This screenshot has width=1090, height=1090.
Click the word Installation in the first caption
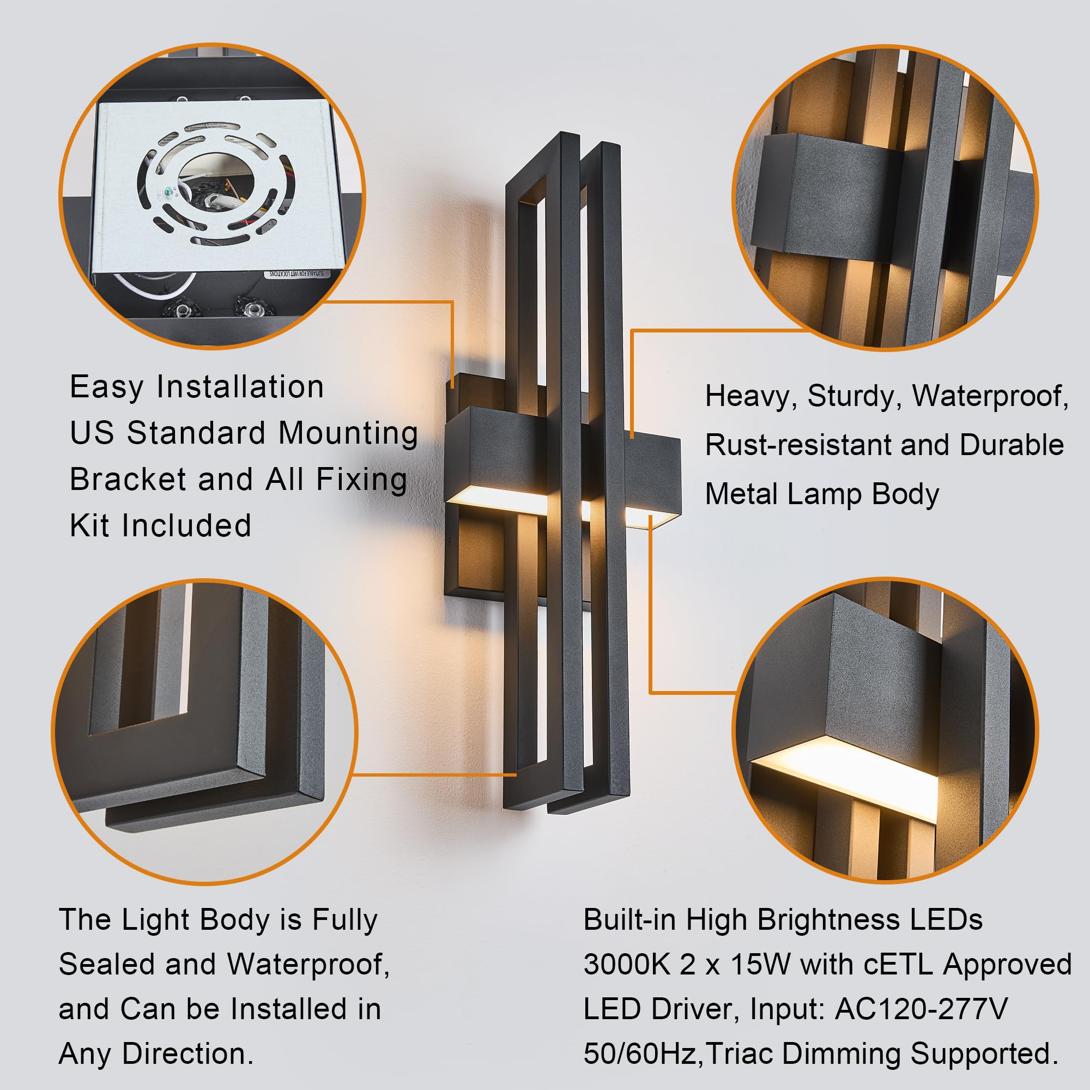[x=240, y=387]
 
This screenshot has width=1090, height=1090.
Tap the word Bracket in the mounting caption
[x=127, y=480]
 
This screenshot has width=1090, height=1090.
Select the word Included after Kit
[x=186, y=526]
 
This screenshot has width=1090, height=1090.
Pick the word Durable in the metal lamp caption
[x=1012, y=445]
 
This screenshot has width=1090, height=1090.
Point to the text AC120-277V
[x=921, y=1009]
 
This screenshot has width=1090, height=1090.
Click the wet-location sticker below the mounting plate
[x=295, y=274]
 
